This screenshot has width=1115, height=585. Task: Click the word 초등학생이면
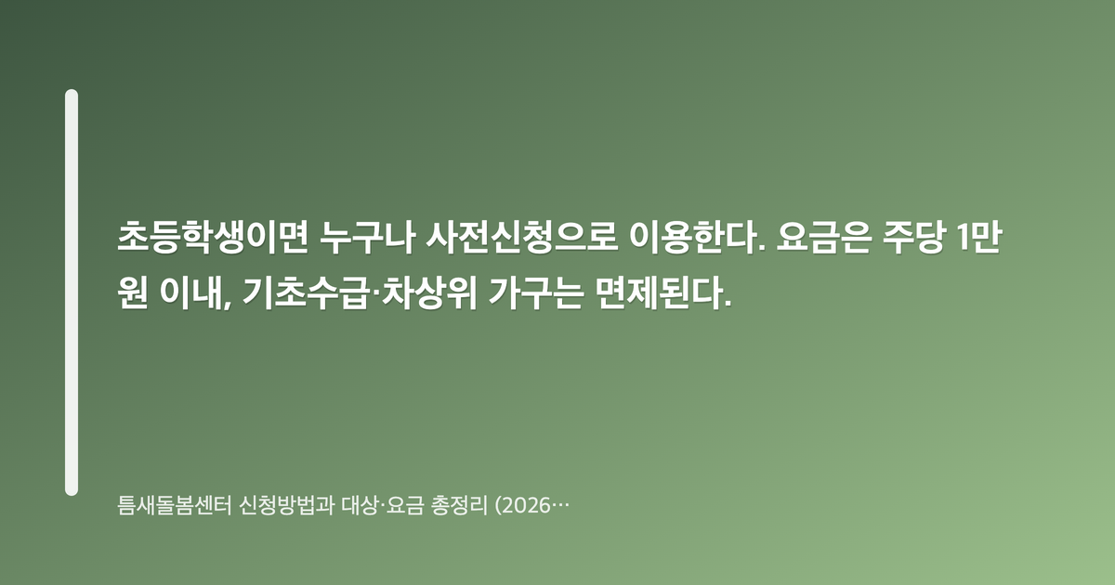coord(213,237)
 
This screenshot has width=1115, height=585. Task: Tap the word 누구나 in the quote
coord(367,237)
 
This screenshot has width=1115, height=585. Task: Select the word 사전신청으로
coord(521,237)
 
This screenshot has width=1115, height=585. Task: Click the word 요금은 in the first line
coord(823,237)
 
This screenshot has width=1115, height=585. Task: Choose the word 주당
coord(912,237)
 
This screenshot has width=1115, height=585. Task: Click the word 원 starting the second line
coord(133,292)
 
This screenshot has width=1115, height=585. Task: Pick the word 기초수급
coord(306,292)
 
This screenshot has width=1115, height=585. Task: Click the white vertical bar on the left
coord(72,292)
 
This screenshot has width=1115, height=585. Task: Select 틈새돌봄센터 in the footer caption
coord(175,505)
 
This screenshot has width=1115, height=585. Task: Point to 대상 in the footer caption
coord(360,505)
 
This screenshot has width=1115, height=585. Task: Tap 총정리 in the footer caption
coord(459,505)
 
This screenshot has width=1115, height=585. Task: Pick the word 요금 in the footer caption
coord(405,505)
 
